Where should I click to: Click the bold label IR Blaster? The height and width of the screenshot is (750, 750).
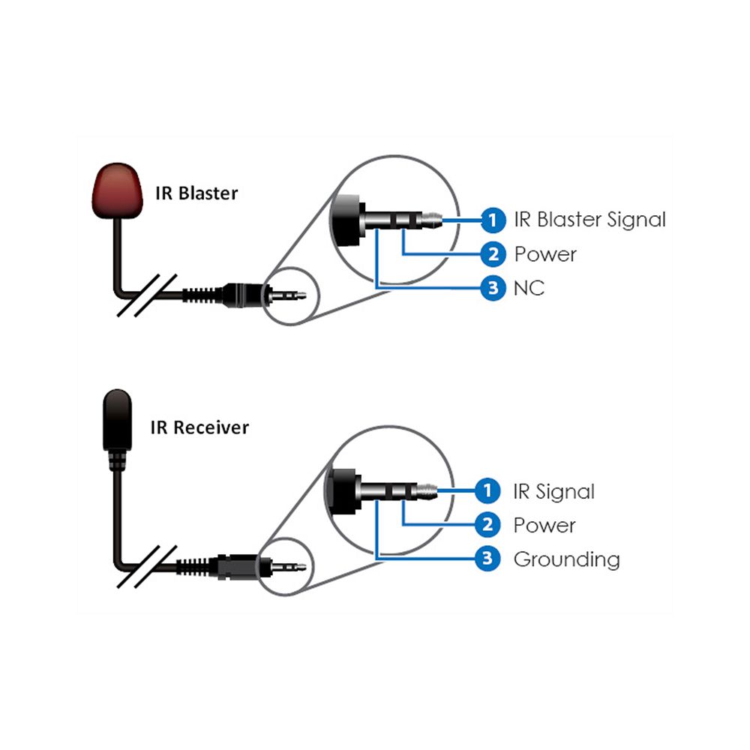point(196,193)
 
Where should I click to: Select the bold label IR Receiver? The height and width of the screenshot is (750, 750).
point(200,427)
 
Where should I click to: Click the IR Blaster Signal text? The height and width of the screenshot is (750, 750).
point(589,220)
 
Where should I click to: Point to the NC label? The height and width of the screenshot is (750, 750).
point(529,288)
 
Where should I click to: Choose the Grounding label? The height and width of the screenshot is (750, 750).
point(566,559)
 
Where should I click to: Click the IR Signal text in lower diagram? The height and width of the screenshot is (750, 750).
point(553,492)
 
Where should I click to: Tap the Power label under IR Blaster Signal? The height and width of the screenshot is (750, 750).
point(545,254)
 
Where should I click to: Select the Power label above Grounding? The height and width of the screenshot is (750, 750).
point(544,525)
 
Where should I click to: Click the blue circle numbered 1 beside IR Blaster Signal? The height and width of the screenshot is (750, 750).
point(492,220)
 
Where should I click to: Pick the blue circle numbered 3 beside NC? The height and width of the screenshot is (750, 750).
point(492,288)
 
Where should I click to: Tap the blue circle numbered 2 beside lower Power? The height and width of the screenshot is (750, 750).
point(488,525)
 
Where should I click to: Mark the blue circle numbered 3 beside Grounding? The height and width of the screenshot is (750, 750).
point(488,559)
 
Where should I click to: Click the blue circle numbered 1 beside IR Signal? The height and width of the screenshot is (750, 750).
point(488,492)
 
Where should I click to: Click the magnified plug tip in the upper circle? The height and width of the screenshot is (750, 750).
point(432,220)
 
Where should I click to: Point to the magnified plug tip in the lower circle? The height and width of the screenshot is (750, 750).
point(427,491)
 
